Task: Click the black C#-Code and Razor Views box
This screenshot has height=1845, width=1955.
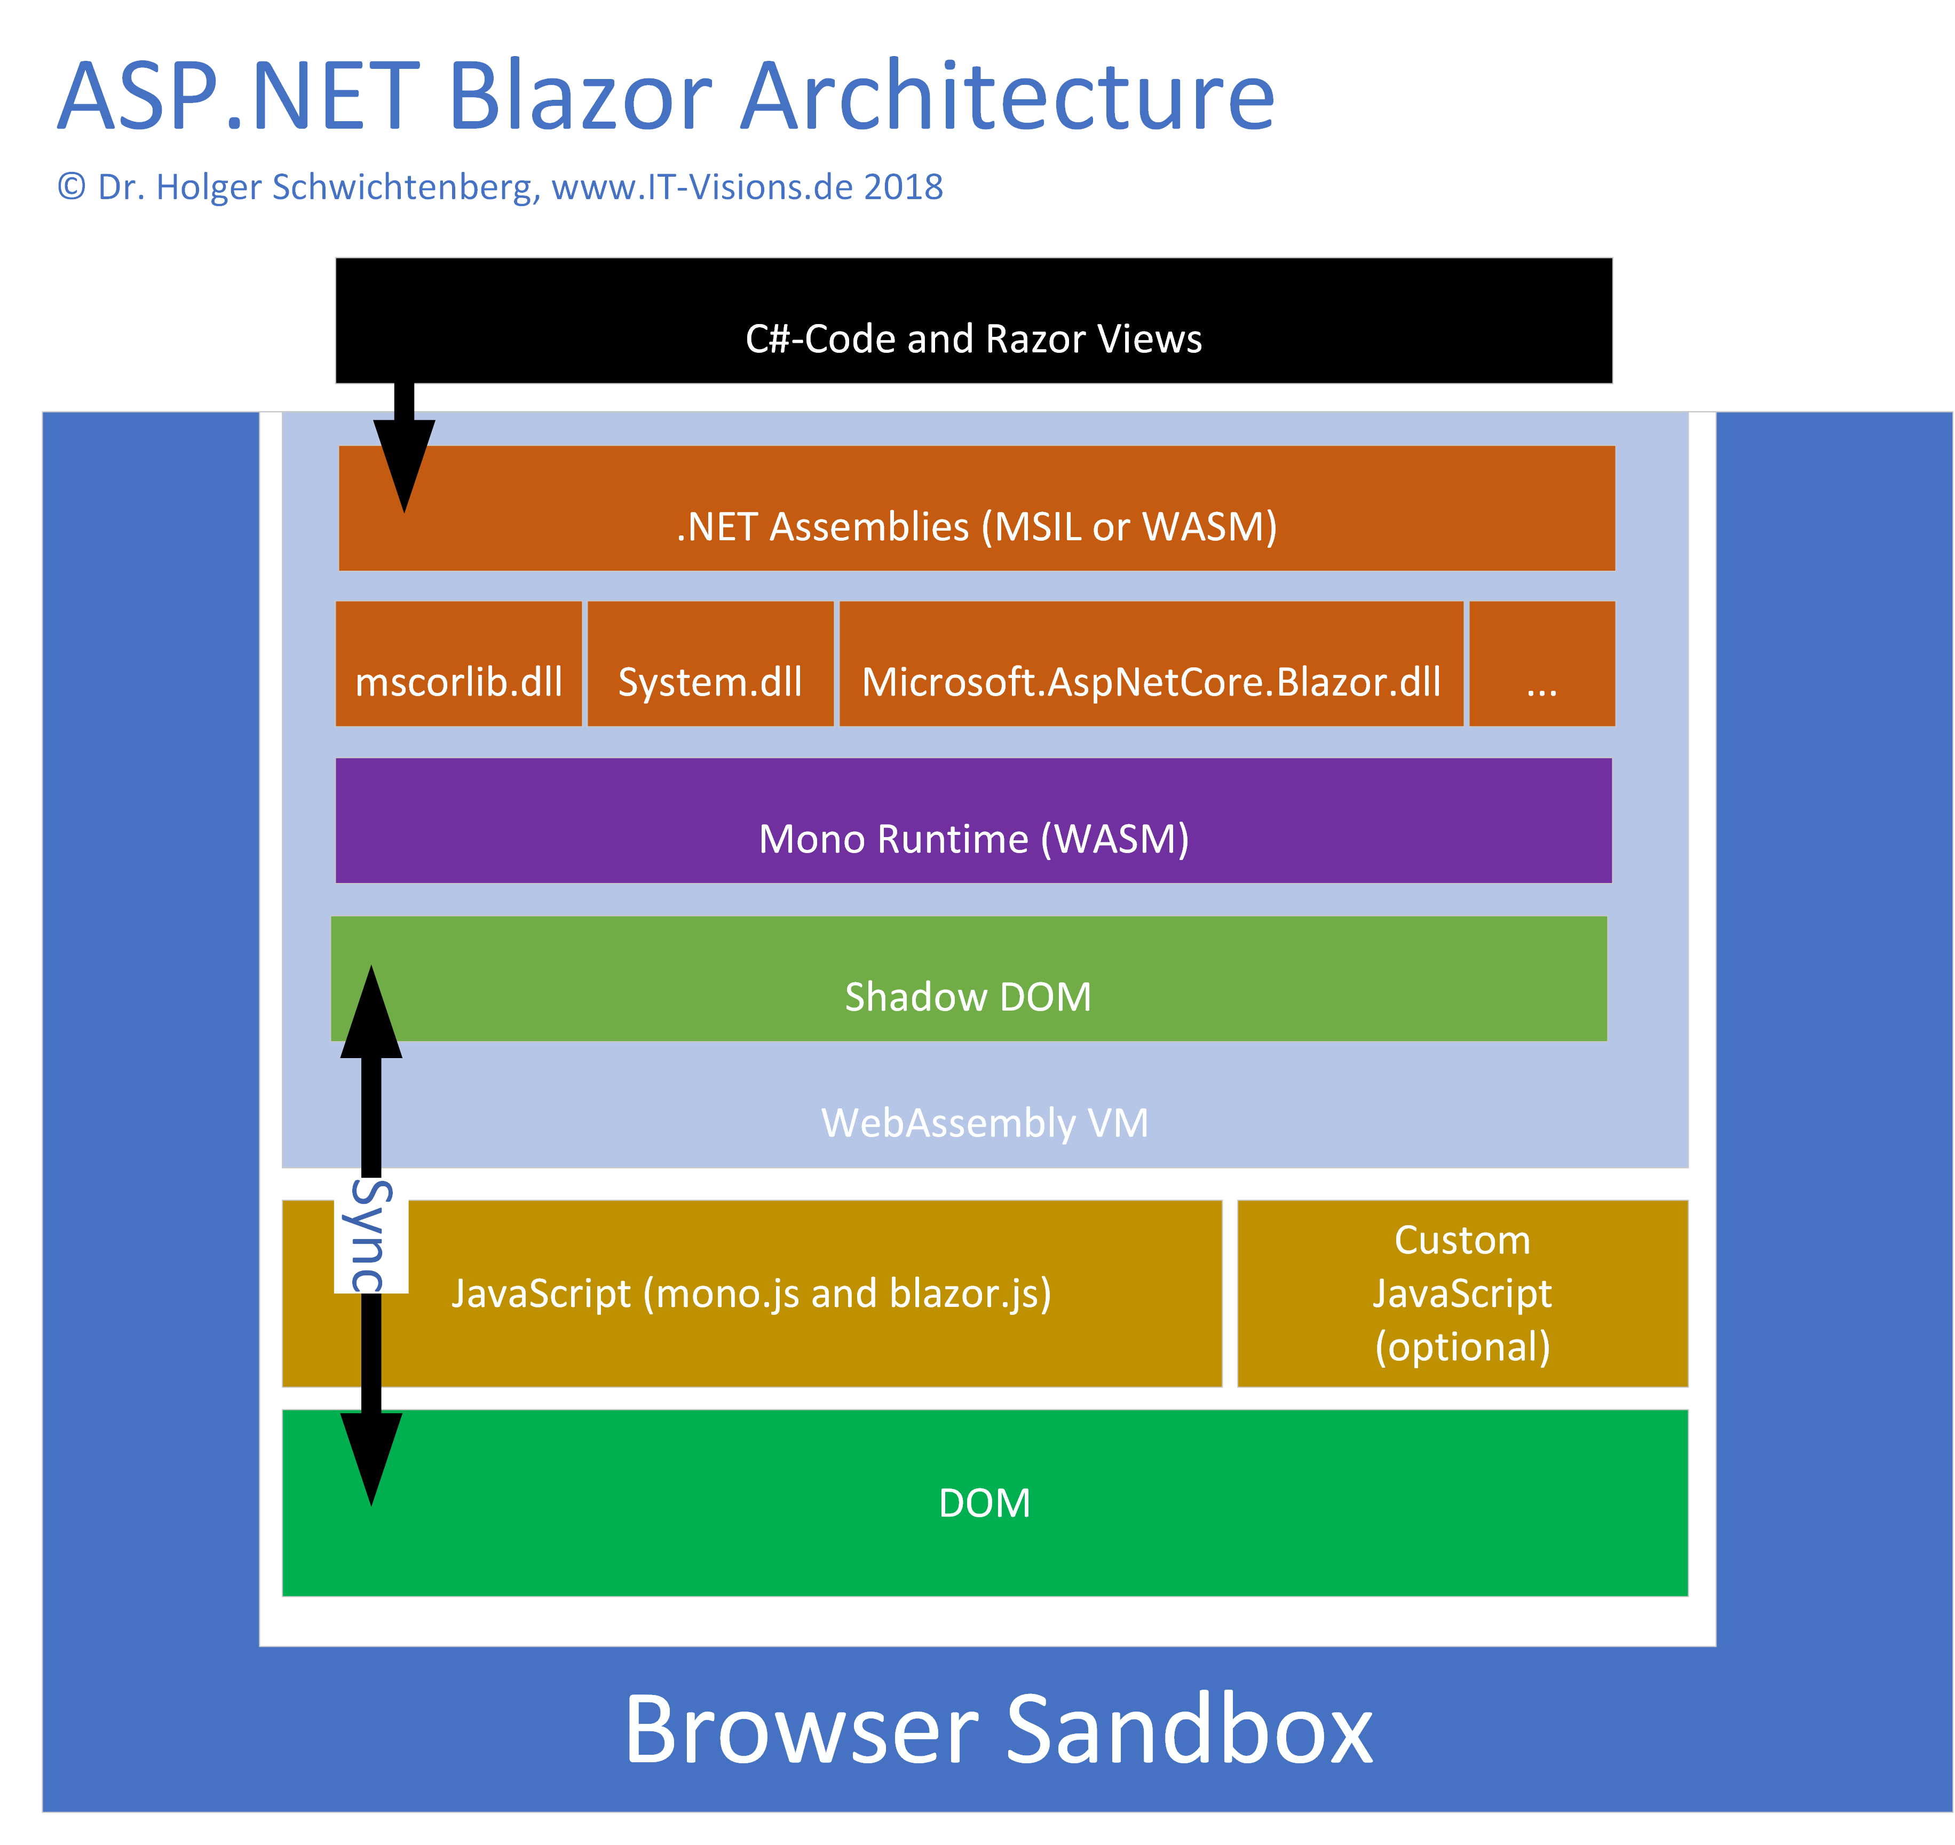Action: [x=973, y=321]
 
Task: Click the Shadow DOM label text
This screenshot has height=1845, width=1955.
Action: [x=968, y=997]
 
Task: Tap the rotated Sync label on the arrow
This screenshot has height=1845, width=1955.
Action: [x=371, y=1236]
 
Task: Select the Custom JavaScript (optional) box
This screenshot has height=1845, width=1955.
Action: [x=1462, y=1294]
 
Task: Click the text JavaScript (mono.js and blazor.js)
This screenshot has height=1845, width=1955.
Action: [x=751, y=1294]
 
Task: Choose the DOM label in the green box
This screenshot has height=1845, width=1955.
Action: [x=984, y=1503]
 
